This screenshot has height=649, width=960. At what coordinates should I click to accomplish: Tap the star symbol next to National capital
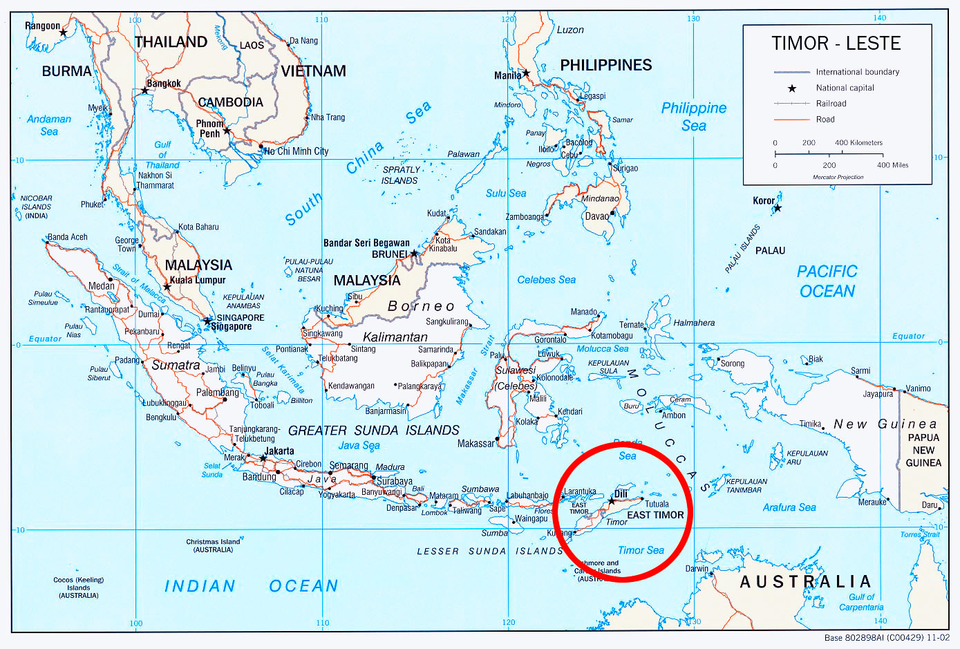[792, 88]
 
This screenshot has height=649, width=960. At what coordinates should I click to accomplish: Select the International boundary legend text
[857, 72]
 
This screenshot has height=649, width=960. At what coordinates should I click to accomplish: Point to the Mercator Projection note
[838, 177]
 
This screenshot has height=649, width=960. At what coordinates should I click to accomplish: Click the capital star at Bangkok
[145, 91]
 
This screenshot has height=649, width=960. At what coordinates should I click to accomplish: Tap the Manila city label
[507, 75]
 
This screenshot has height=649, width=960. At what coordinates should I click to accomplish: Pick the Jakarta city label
[279, 451]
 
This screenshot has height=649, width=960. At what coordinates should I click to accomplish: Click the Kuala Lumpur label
[198, 280]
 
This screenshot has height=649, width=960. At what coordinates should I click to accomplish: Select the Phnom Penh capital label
[209, 129]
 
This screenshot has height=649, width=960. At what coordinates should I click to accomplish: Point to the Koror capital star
[778, 208]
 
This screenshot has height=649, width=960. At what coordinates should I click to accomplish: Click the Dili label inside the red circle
[621, 494]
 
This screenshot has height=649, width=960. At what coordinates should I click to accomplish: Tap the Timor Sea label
[641, 550]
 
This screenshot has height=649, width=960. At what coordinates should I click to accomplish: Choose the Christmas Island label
[213, 545]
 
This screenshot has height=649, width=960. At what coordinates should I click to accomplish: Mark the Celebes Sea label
[546, 280]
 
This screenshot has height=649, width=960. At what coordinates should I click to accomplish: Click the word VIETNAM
[313, 71]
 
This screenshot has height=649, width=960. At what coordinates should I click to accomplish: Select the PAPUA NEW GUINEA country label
[923, 450]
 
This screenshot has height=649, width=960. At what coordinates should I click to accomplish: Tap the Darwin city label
[697, 569]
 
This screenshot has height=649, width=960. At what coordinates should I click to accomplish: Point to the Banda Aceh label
[68, 237]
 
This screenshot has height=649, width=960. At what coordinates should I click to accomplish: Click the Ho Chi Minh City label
[297, 151]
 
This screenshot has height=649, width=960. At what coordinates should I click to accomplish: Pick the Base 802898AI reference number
[887, 638]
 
